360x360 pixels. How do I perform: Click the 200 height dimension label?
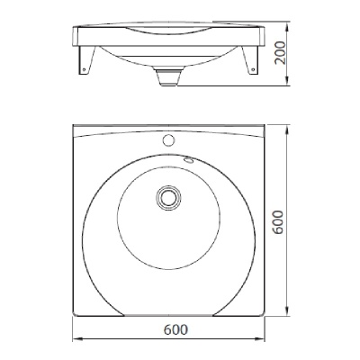(281, 53)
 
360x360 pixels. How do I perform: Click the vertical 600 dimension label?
(278, 221)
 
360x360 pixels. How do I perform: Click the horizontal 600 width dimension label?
(175, 329)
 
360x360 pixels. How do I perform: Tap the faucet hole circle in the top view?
(168, 140)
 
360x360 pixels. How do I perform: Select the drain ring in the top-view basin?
(169, 198)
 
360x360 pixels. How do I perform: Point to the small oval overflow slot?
(190, 160)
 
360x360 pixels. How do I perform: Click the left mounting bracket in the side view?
(86, 60)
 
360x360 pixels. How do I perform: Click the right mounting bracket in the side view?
(249, 60)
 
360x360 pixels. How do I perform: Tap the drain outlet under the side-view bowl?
(169, 76)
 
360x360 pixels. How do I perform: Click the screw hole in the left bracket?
(84, 69)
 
